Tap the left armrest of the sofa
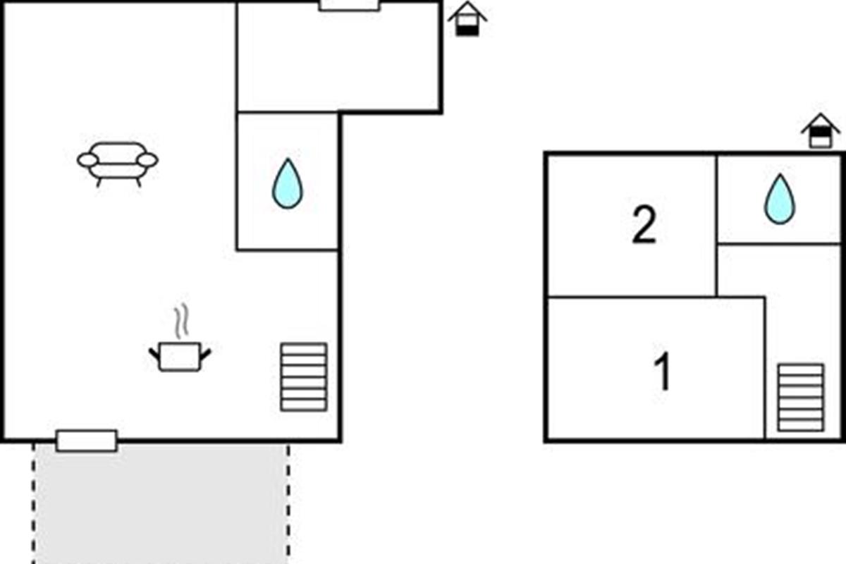point(87,160)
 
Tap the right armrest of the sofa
point(147,160)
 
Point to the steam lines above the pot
point(181,321)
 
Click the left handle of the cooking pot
point(154,355)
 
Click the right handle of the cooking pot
point(205,355)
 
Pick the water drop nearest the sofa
point(288,183)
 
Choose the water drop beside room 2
point(780,199)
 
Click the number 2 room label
point(644,224)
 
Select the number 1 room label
point(662,372)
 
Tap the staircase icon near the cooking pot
point(304,377)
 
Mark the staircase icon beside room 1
point(801,398)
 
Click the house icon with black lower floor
point(467,19)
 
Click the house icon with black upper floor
point(821,130)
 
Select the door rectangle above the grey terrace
point(87,441)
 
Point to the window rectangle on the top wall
point(350,6)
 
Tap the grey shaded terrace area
point(161,504)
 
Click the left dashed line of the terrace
point(34,504)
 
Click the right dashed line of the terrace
point(288,504)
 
